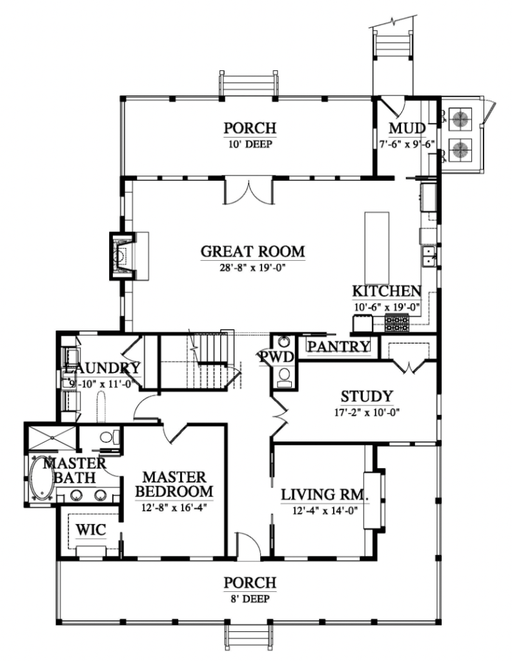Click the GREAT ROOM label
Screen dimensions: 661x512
(x=252, y=251)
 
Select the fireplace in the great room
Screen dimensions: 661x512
(x=121, y=256)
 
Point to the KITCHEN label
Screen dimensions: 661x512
(x=386, y=292)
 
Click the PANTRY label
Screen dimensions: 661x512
(x=338, y=347)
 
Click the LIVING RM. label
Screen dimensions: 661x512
(x=325, y=496)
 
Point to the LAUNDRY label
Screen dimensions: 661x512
(x=101, y=369)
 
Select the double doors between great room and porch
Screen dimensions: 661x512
(x=249, y=192)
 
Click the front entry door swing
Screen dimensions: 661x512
(x=248, y=545)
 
